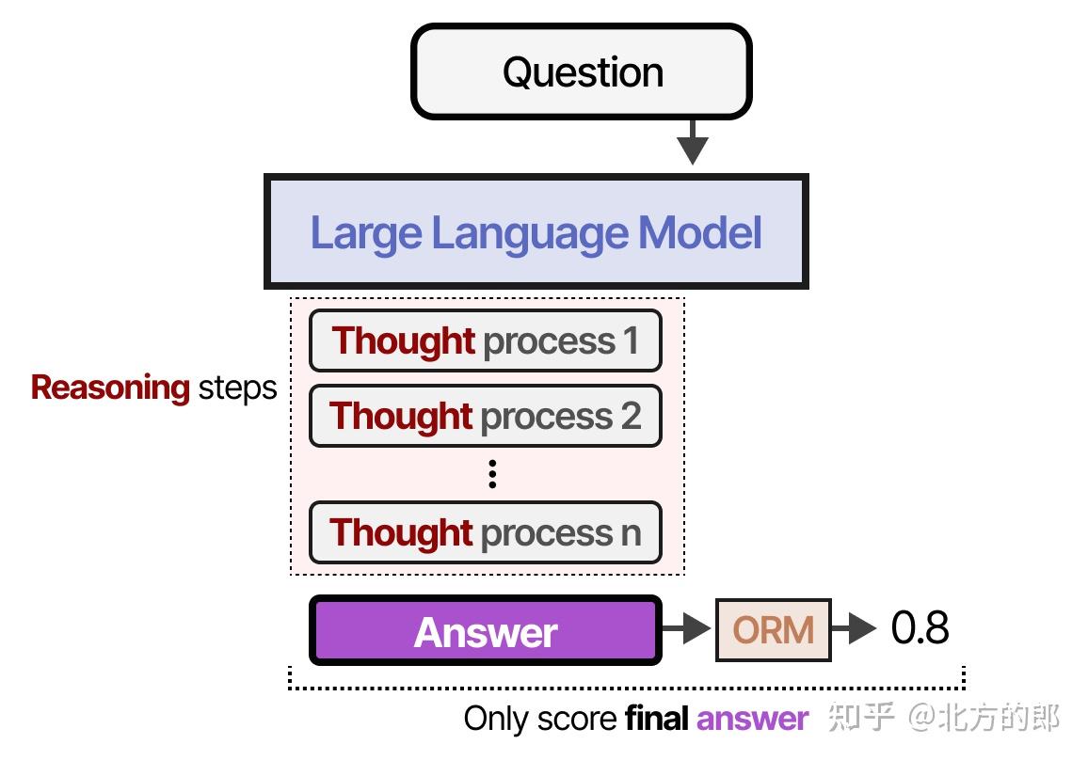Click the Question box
click(582, 72)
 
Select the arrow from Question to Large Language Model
click(692, 143)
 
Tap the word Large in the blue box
click(365, 233)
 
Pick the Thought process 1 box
click(485, 340)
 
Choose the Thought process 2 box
click(485, 416)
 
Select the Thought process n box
click(485, 532)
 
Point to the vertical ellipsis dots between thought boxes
click(492, 474)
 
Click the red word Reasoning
click(110, 388)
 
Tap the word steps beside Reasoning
click(237, 388)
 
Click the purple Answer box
click(485, 631)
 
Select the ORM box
click(773, 629)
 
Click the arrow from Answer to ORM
click(687, 629)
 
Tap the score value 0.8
click(920, 628)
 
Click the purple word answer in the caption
click(752, 720)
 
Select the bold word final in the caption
click(657, 720)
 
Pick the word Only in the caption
click(496, 720)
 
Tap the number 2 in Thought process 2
click(631, 416)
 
